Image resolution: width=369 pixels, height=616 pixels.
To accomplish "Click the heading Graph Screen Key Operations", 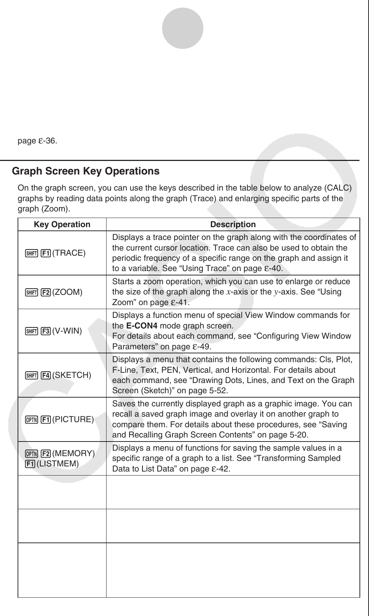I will point(86,171).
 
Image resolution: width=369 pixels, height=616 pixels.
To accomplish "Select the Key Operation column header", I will point(62,225).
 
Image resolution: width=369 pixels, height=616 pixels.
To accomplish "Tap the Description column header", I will point(233,225).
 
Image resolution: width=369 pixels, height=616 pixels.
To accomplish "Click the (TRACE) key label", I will point(69,253).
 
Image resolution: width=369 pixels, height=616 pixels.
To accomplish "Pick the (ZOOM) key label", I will point(67,292).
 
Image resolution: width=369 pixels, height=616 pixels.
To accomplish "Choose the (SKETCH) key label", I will point(71,375).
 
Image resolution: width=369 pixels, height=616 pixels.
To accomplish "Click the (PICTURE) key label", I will point(73,420).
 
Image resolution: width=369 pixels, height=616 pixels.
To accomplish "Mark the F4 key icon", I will point(46,375).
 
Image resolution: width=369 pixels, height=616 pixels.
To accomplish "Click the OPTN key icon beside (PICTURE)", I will point(32,420).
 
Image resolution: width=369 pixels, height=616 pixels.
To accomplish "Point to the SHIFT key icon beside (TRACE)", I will point(32,253).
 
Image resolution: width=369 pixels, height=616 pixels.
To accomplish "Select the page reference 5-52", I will point(217,391).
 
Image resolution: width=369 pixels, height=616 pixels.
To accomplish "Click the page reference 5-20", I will point(298,435).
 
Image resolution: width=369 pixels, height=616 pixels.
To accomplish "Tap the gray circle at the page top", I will point(183,28).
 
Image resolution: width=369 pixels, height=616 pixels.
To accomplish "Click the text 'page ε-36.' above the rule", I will point(37,141).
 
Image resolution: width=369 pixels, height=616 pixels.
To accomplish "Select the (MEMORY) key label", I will point(73,454).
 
